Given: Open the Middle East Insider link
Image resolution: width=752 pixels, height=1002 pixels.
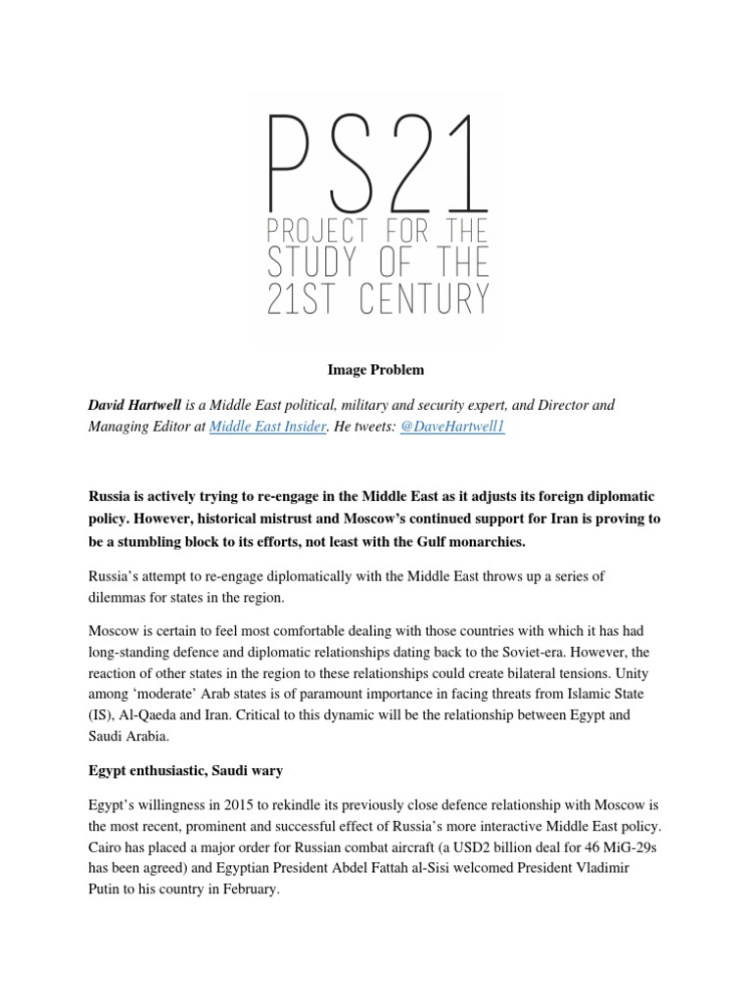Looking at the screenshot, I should click(266, 428).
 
